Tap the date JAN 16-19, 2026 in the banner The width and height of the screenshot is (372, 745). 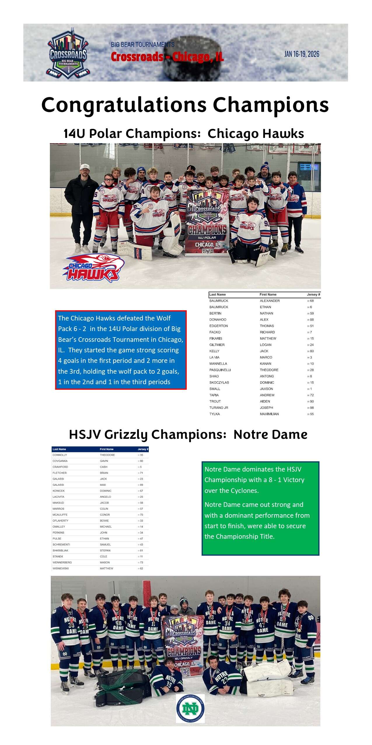302,54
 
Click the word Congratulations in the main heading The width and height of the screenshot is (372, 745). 124,105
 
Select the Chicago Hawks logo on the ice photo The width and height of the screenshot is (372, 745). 93,268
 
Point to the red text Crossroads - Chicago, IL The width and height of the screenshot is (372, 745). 167,57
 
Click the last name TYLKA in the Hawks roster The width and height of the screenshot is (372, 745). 214,414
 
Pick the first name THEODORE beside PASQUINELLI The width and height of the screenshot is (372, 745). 269,370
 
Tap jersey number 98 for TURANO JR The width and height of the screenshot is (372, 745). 312,408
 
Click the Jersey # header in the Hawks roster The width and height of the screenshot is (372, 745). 313,294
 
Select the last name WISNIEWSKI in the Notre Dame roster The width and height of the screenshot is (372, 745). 61,568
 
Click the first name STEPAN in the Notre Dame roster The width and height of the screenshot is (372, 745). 105,550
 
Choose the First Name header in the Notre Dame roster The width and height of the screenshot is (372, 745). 106,449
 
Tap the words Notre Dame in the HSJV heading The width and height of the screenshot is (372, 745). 270,434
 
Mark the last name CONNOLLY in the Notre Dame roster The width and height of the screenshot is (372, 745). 60,455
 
